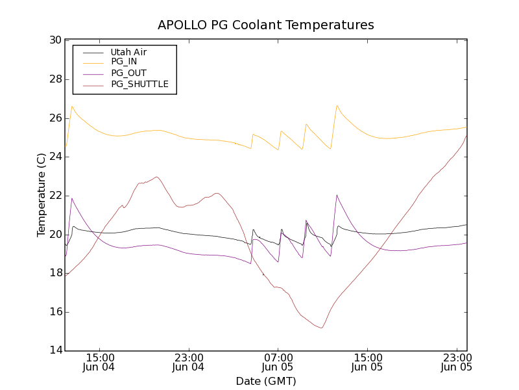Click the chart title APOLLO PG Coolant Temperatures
(x=266, y=25)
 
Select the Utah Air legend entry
(x=128, y=52)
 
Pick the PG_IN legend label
(x=124, y=62)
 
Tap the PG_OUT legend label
(x=128, y=73)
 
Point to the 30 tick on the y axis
(x=54, y=40)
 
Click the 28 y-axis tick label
(x=54, y=79)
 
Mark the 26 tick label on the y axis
(x=54, y=118)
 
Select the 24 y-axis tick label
(x=54, y=157)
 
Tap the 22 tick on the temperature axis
(x=54, y=196)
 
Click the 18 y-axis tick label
(x=54, y=273)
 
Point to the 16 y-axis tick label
(x=54, y=312)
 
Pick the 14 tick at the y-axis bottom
(x=54, y=351)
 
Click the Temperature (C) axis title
(x=42, y=195)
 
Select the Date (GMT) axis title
(x=266, y=381)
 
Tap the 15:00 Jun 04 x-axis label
(x=99, y=362)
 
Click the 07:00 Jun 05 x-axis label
(x=278, y=362)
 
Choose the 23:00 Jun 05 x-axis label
(x=457, y=362)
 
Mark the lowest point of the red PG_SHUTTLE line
(x=321, y=328)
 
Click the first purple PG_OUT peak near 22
(x=72, y=198)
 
